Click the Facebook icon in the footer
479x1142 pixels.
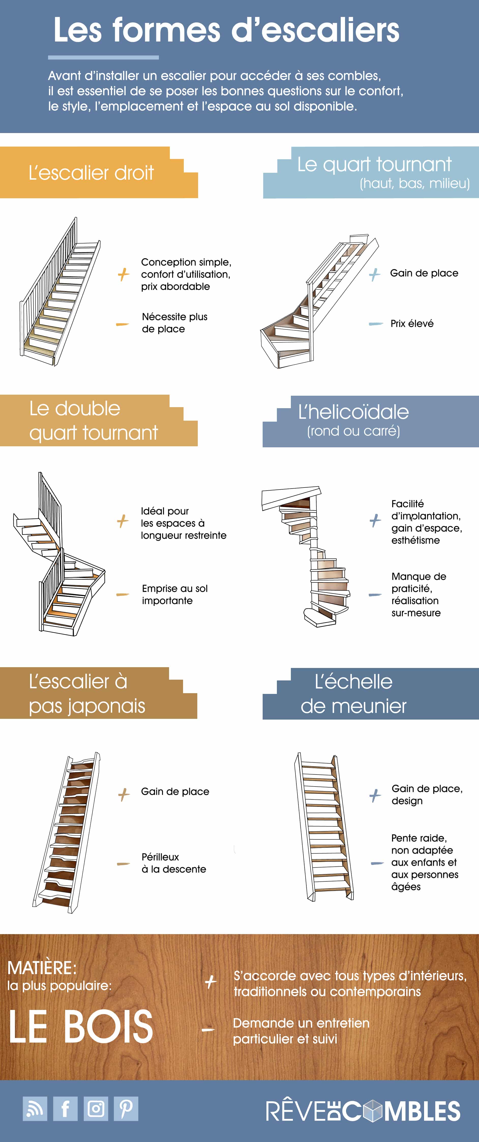(x=65, y=1109)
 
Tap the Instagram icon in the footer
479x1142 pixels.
(x=96, y=1109)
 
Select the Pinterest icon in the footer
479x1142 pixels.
(x=126, y=1109)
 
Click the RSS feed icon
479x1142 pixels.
(x=35, y=1109)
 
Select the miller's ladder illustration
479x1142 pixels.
(x=323, y=827)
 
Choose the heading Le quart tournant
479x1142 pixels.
(x=375, y=164)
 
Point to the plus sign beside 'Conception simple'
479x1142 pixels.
(x=124, y=274)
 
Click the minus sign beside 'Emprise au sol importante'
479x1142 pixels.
(x=122, y=594)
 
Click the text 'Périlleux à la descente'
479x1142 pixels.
(x=174, y=863)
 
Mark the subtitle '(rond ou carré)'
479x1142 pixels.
(x=353, y=431)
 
